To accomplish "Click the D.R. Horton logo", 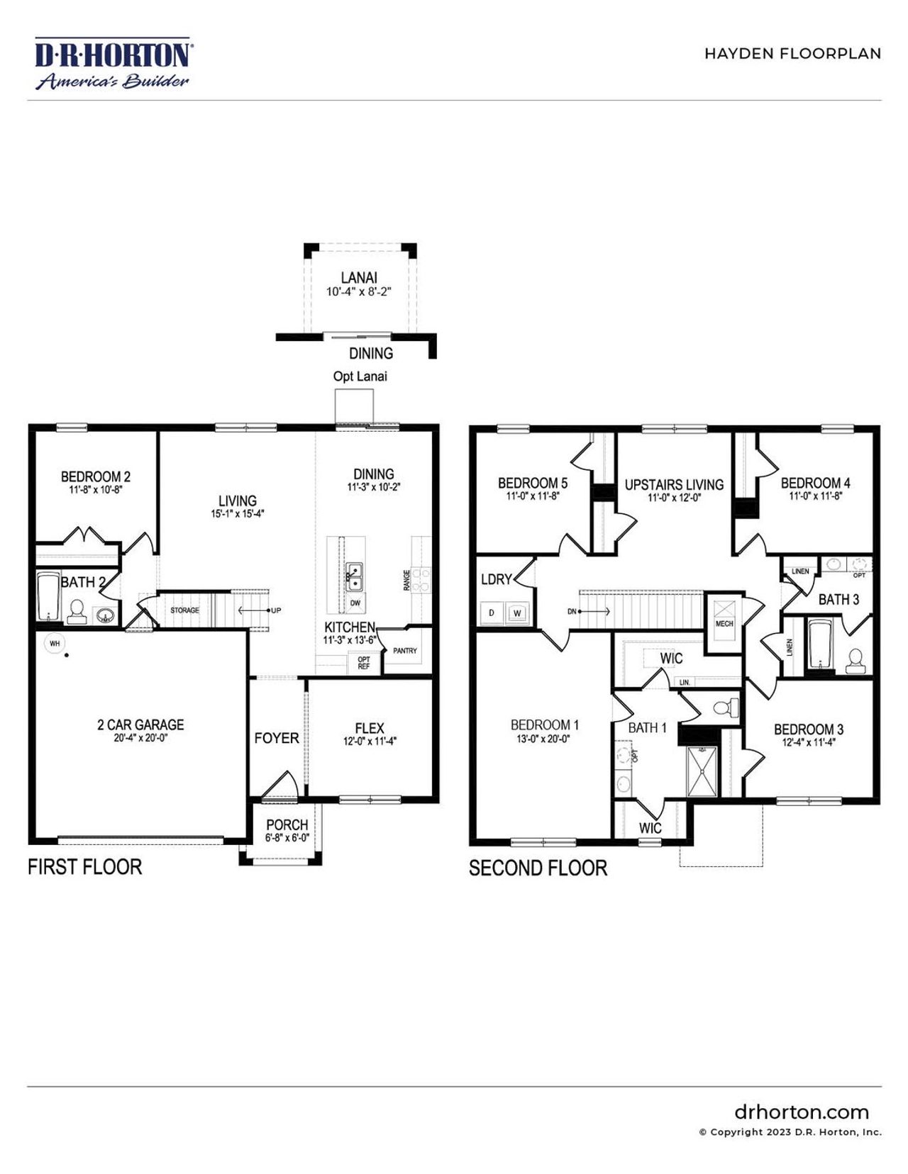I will tap(113, 64).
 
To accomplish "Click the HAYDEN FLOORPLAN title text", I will tap(792, 54).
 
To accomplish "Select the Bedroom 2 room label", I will tap(96, 476).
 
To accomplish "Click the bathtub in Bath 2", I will tap(48, 598).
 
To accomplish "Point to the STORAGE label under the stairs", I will tap(184, 610).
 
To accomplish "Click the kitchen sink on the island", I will tap(354, 577).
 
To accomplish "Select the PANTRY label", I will tap(405, 651).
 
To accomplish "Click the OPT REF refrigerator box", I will tap(364, 663).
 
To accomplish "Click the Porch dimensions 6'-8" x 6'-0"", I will tap(287, 838).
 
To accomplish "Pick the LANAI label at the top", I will tap(358, 278).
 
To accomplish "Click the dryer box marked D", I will tap(492, 613).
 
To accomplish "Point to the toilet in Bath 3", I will tap(856, 661).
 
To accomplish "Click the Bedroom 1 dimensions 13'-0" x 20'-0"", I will tap(544, 739).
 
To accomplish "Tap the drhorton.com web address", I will tap(802, 1112).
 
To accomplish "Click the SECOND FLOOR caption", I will tap(538, 868).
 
